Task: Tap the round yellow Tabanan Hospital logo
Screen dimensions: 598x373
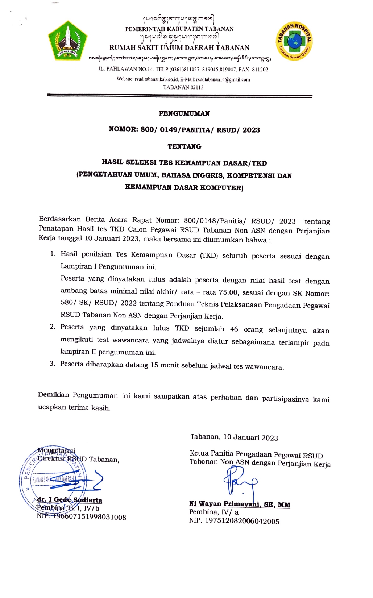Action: point(294,41)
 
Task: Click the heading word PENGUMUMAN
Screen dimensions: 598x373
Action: point(184,113)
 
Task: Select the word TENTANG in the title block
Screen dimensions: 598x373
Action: point(184,146)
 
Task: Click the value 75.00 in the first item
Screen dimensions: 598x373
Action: point(228,292)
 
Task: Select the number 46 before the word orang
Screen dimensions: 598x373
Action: point(234,329)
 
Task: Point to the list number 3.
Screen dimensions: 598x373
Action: point(52,364)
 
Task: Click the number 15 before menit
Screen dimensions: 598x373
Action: point(154,365)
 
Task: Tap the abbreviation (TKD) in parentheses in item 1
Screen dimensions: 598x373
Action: point(209,255)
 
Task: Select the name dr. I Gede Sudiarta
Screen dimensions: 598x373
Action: point(70,500)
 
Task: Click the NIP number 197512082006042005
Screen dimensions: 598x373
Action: point(242,521)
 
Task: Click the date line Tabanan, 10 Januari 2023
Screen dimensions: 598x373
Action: point(234,437)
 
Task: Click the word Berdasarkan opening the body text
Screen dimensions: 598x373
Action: point(60,219)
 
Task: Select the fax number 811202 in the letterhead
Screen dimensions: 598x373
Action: point(260,70)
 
